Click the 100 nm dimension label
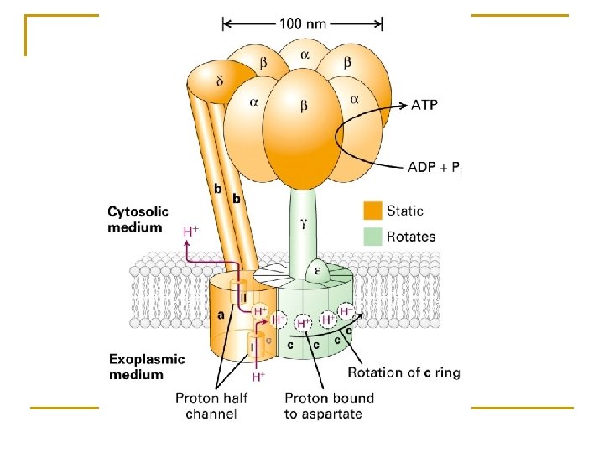[x=302, y=23]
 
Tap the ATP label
[x=424, y=105]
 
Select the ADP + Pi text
[x=435, y=168]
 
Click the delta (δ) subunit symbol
[x=220, y=81]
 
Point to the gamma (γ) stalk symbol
[x=303, y=222]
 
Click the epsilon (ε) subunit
[x=318, y=272]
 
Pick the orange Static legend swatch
[x=372, y=211]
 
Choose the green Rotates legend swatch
[x=372, y=236]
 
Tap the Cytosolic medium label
[x=138, y=219]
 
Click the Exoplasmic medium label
[x=147, y=367]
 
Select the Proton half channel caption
[x=211, y=406]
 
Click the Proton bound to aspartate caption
[x=329, y=406]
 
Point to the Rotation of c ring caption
[x=404, y=372]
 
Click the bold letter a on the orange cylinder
[x=221, y=315]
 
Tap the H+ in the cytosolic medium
[x=191, y=232]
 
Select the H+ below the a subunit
[x=259, y=377]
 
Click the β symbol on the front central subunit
[x=304, y=105]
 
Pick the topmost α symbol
[x=305, y=55]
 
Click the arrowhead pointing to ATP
[x=403, y=104]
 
